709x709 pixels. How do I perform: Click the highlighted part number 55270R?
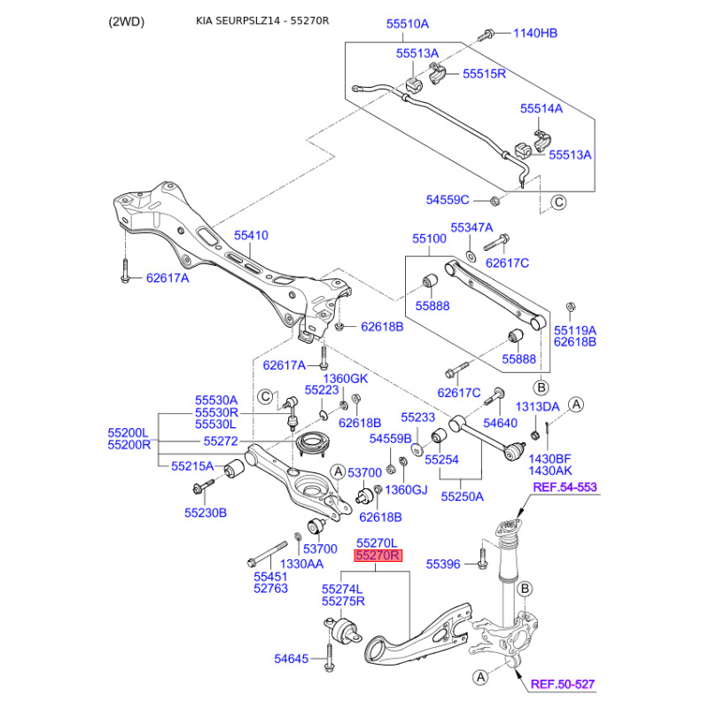tap(378, 556)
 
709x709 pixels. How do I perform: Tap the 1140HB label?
tap(536, 34)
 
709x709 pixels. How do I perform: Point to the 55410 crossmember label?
tap(251, 236)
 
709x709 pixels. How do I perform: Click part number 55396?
tap(443, 564)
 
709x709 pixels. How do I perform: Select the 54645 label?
tap(293, 658)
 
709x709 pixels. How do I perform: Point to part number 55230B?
tap(206, 512)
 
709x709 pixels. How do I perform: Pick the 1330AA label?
tap(301, 564)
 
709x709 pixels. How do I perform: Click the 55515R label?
tap(484, 74)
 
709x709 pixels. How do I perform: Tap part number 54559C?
tap(448, 200)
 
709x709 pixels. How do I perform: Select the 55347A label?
tap(471, 228)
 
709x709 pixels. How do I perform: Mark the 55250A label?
tap(462, 497)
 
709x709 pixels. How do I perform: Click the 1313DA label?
tap(538, 406)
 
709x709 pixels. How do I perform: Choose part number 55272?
tap(221, 440)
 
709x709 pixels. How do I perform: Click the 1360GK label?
tap(343, 379)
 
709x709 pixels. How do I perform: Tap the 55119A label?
tap(575, 329)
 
